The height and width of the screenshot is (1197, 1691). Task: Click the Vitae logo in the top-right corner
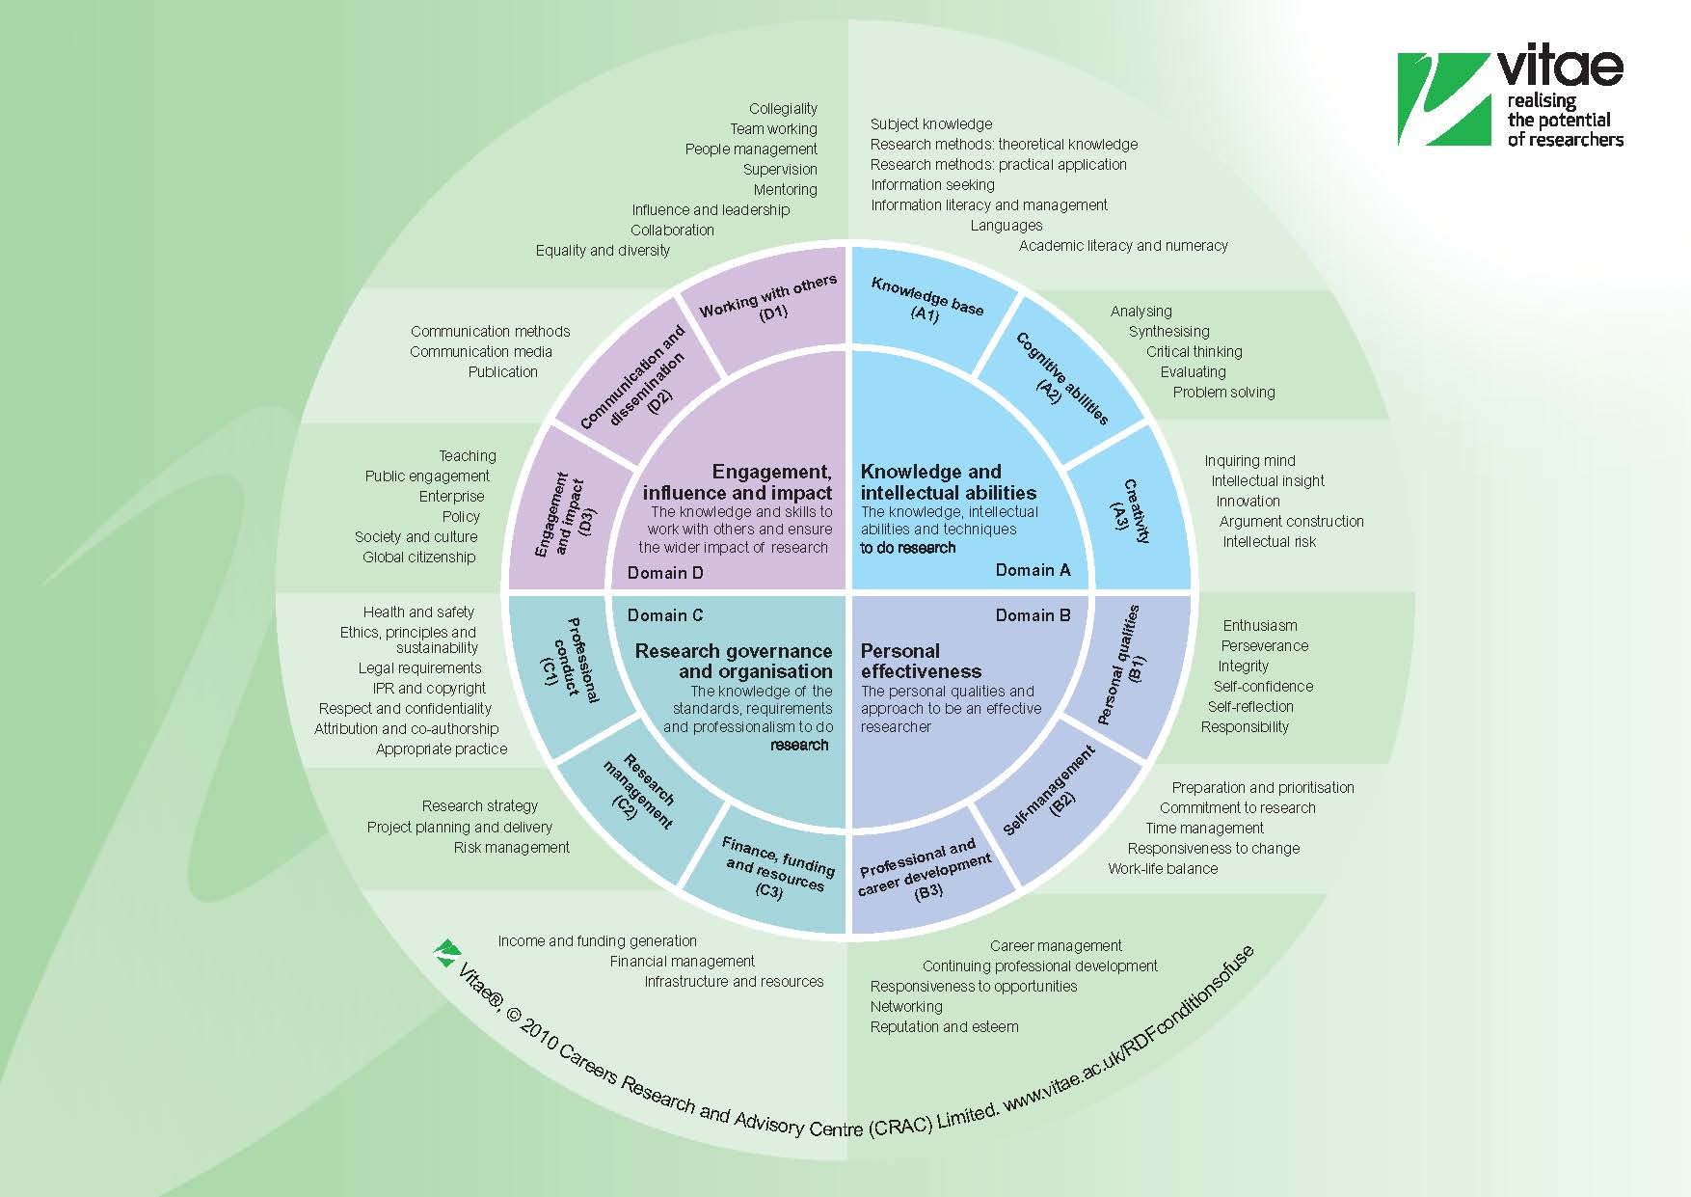pyautogui.click(x=1510, y=98)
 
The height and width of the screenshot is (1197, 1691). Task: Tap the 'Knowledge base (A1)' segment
pyautogui.click(x=926, y=299)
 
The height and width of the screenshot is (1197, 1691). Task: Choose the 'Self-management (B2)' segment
pyautogui.click(x=1049, y=791)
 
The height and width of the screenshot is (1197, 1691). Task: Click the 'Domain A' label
pyautogui.click(x=1033, y=570)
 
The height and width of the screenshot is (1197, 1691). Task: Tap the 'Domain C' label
pyautogui.click(x=665, y=615)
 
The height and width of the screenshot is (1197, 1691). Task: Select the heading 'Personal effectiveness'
pyautogui.click(x=920, y=661)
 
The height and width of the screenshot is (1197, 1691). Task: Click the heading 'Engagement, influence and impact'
pyautogui.click(x=738, y=482)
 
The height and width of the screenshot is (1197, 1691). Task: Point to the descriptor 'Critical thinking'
pyautogui.click(x=1194, y=352)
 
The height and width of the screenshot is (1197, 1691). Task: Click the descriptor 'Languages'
pyautogui.click(x=1006, y=226)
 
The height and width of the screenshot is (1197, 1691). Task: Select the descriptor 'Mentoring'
pyautogui.click(x=785, y=190)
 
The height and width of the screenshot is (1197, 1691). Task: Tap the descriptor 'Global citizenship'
pyautogui.click(x=418, y=558)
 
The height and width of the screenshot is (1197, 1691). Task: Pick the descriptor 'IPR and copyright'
pyautogui.click(x=429, y=689)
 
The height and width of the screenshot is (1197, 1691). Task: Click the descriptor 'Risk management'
pyautogui.click(x=511, y=848)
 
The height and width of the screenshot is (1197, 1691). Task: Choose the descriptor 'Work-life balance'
pyautogui.click(x=1162, y=869)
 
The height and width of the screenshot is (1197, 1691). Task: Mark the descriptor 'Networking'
pyautogui.click(x=905, y=1007)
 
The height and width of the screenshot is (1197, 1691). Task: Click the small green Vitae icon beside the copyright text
pyautogui.click(x=446, y=953)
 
